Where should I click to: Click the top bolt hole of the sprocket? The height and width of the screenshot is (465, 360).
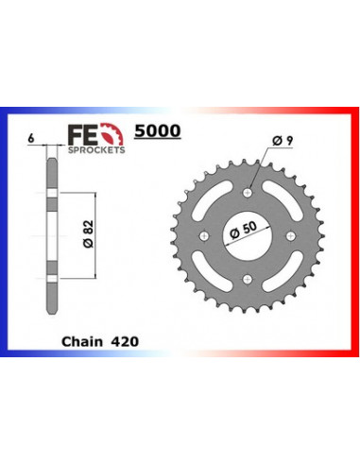(248, 196)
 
